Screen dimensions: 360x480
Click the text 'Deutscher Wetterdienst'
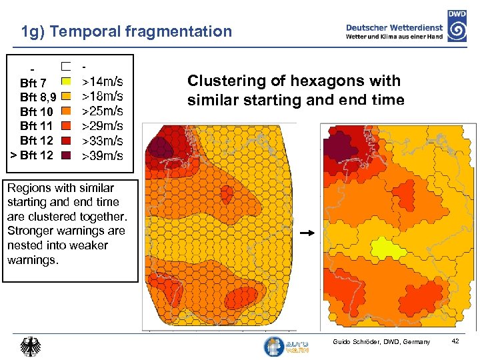394,27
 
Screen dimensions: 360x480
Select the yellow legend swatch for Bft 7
66,81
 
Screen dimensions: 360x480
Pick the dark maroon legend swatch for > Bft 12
66,155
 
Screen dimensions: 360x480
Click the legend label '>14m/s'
102,82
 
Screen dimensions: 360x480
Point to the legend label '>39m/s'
102,156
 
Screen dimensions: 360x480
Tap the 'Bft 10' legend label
37,111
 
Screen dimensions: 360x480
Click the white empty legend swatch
66,67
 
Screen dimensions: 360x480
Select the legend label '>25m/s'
102,111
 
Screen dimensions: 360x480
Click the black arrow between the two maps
307,234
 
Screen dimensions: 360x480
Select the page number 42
456,341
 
